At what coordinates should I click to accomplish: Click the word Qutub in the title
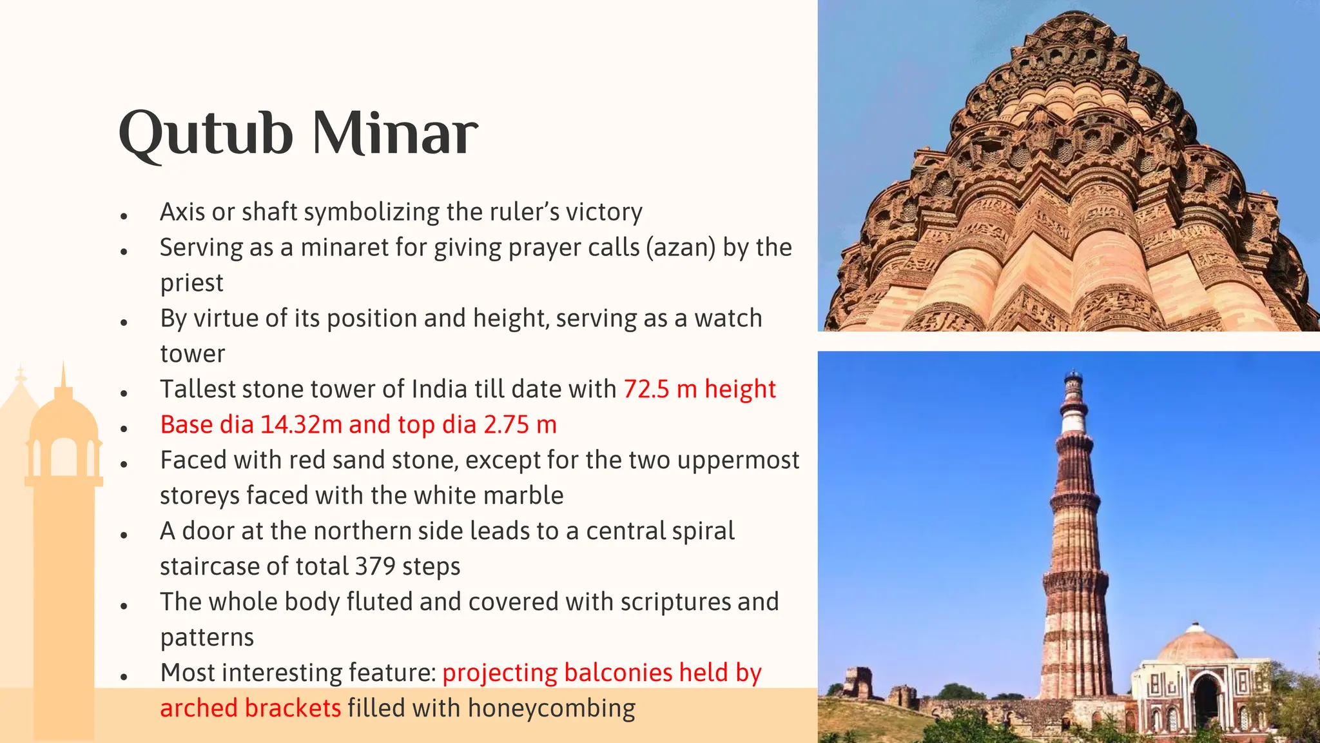coord(206,134)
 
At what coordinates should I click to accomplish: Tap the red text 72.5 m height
coord(699,389)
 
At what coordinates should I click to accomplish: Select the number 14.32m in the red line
coord(301,424)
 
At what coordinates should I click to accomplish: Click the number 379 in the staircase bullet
coord(375,566)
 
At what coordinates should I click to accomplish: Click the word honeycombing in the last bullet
coord(551,708)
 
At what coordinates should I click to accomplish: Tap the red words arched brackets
coord(250,708)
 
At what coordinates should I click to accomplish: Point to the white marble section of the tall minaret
coord(1072,422)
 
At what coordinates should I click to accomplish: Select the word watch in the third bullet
coord(728,318)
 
